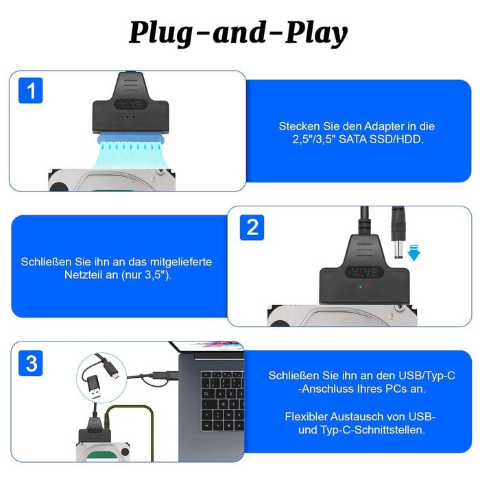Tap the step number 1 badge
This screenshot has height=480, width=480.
[x=31, y=91]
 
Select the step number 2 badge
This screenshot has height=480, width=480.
[x=252, y=227]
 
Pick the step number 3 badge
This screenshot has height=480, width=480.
[x=31, y=363]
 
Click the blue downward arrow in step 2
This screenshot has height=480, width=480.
[x=413, y=254]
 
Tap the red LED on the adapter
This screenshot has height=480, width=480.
[x=368, y=287]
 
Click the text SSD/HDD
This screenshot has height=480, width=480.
[x=395, y=139]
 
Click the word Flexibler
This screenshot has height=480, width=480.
[x=313, y=417]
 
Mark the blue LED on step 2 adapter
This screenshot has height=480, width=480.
[x=355, y=287]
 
